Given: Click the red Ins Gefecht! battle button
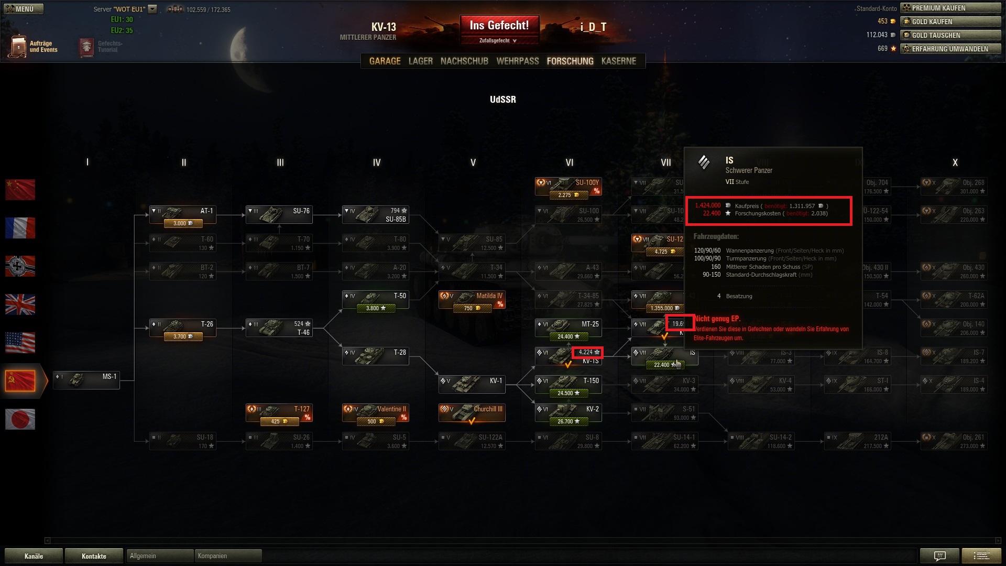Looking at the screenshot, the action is pyautogui.click(x=499, y=25).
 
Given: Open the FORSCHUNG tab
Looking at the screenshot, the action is pyautogui.click(x=570, y=61).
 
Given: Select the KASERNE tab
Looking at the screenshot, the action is pyautogui.click(x=618, y=61).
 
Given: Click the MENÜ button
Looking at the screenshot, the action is pyautogui.click(x=24, y=9).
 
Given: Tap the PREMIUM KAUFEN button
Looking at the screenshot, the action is pyautogui.click(x=950, y=8).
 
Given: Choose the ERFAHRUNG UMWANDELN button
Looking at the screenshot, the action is pyautogui.click(x=950, y=49).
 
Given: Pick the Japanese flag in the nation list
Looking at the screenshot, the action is pyautogui.click(x=20, y=419).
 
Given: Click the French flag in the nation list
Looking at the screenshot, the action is pyautogui.click(x=20, y=228).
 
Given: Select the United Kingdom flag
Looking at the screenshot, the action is pyautogui.click(x=20, y=304).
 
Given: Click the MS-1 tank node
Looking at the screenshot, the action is pyautogui.click(x=86, y=379).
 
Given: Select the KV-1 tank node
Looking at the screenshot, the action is pyautogui.click(x=472, y=384).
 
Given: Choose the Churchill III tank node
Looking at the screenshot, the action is pyautogui.click(x=472, y=412).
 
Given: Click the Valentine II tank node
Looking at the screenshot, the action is pyautogui.click(x=376, y=412).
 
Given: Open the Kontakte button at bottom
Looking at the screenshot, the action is pyautogui.click(x=94, y=556).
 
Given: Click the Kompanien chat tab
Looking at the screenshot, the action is pyautogui.click(x=227, y=556).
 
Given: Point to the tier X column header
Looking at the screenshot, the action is pyautogui.click(x=955, y=162).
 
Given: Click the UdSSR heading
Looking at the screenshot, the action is pyautogui.click(x=502, y=100).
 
